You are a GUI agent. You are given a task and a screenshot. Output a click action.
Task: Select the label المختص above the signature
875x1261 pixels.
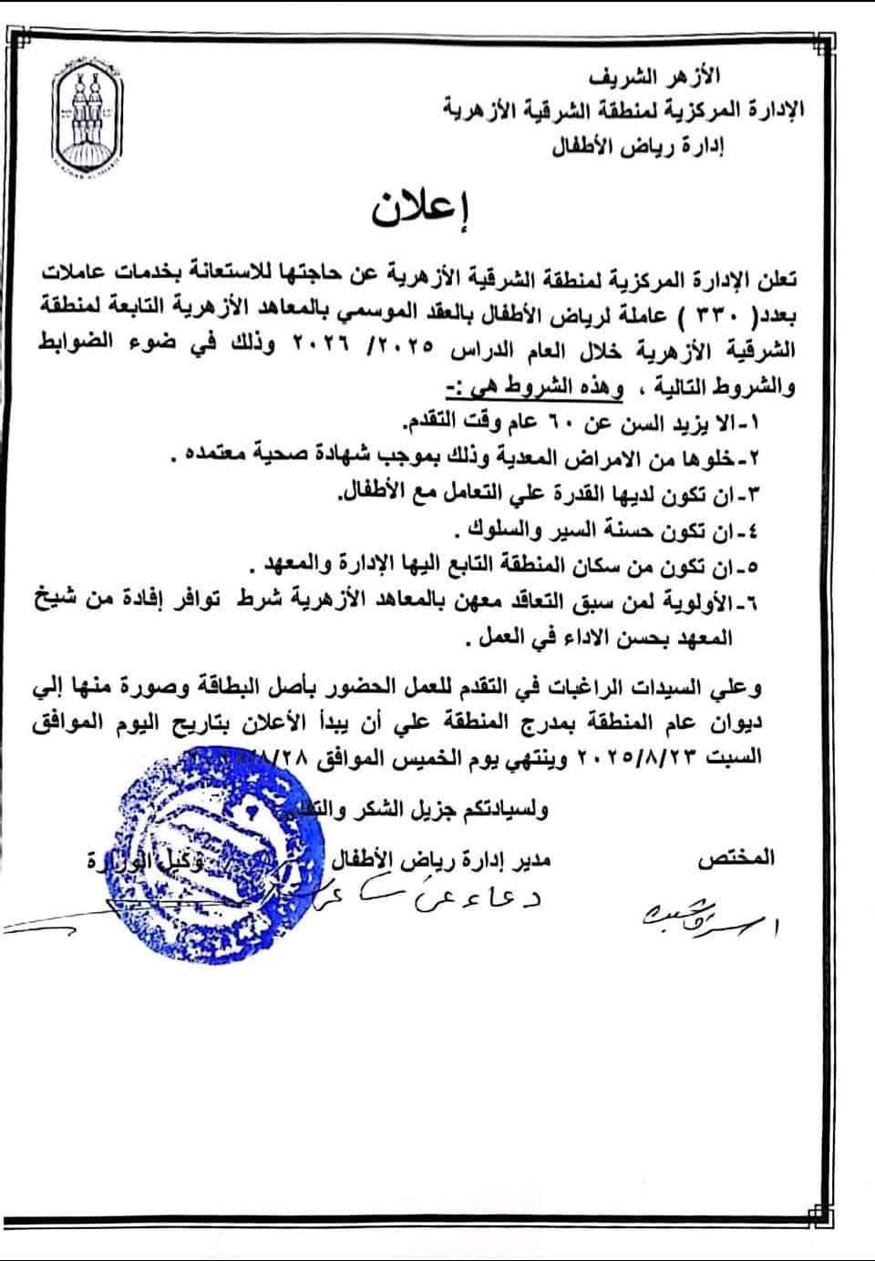(x=736, y=857)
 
